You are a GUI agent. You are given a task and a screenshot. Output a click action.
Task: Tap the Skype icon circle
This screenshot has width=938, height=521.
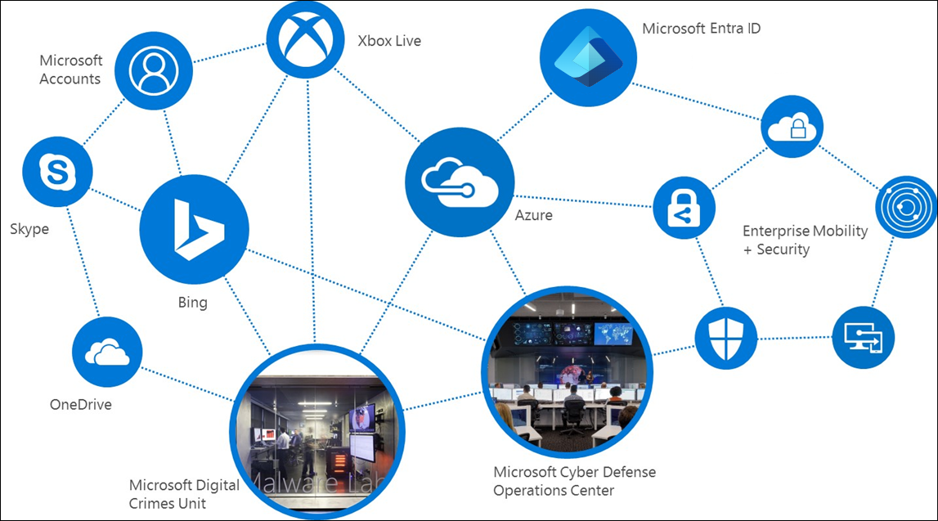[57, 172]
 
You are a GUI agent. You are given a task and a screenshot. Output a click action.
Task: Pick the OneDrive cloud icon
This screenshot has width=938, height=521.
[107, 353]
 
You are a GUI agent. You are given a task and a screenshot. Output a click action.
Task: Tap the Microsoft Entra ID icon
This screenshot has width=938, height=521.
[587, 55]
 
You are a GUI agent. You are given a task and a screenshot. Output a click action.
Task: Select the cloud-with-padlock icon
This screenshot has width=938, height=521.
[791, 127]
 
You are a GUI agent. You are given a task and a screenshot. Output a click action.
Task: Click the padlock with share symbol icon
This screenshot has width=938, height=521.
[683, 209]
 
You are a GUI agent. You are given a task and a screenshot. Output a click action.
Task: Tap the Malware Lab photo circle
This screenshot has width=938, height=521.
[315, 429]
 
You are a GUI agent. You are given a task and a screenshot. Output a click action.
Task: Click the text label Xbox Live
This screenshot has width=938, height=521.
[389, 40]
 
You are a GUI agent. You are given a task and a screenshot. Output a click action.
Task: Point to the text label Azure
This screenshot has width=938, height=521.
[533, 215]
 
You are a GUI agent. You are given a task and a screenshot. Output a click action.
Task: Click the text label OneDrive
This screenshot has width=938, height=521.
[81, 404]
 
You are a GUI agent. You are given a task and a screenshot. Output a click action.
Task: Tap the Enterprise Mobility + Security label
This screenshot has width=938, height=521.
[805, 240]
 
